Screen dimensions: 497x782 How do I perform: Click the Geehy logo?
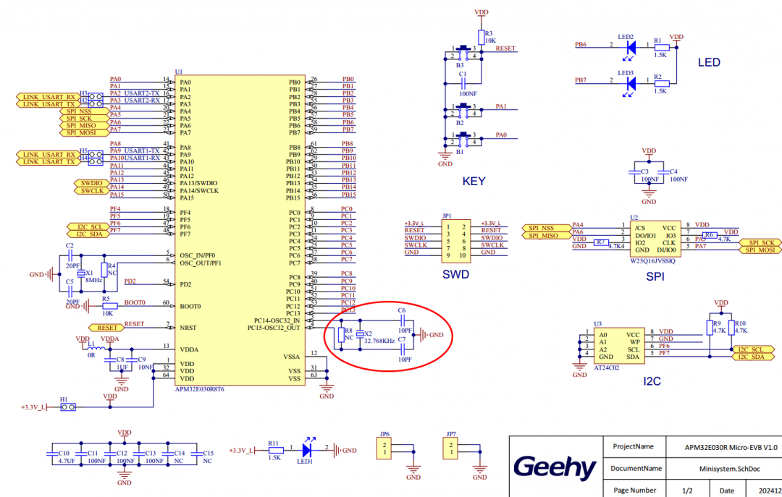click(x=555, y=467)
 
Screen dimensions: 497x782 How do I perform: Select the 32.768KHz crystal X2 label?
click(x=378, y=340)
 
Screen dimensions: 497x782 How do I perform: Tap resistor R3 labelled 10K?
click(x=481, y=38)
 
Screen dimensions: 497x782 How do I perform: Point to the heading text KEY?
click(x=474, y=182)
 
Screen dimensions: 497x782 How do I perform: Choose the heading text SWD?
click(x=456, y=275)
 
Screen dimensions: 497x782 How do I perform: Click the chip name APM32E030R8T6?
click(x=199, y=389)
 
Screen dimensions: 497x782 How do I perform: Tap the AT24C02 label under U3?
click(x=607, y=368)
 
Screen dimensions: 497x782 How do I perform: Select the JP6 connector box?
click(x=385, y=449)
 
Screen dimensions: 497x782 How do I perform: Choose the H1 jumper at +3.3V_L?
click(x=67, y=407)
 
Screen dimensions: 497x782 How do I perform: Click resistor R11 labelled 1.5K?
click(x=273, y=450)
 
